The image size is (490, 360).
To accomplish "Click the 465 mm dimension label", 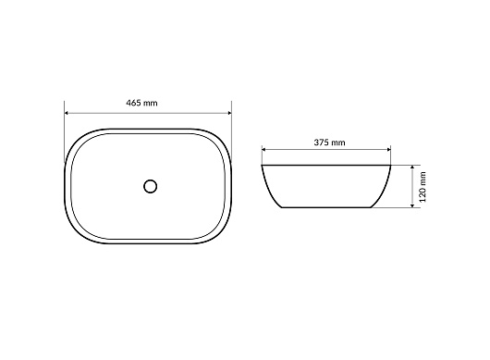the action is point(141,103).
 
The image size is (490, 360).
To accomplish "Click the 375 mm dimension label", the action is point(329,143).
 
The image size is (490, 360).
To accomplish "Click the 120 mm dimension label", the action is point(423,187).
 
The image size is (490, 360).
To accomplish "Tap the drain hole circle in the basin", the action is point(151,186).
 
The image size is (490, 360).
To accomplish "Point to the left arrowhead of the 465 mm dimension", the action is point(67,113).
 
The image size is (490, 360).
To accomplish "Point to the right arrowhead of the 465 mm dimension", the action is point(229,113).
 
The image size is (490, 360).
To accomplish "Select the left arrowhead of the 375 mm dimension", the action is point(263,150).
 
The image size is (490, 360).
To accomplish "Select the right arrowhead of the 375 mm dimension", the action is point(388,150).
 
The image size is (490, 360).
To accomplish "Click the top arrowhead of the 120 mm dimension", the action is point(412,168).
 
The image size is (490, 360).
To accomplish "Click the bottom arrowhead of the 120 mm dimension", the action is point(412,205).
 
